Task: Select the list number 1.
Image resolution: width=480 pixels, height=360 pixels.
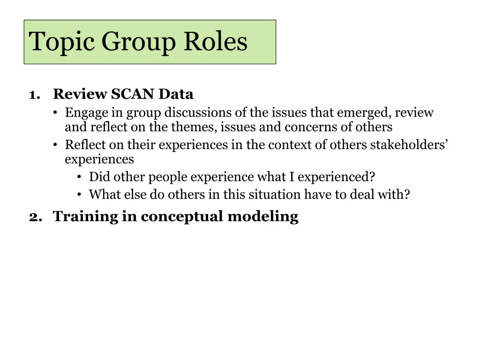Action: point(33,95)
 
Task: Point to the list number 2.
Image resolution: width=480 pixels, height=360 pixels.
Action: point(33,217)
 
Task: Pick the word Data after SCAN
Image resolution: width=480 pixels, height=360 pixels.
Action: point(176,94)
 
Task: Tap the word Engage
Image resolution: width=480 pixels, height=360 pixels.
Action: point(83,113)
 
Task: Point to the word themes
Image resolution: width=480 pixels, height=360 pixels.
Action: point(194,127)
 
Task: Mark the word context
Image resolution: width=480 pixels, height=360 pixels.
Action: point(290,145)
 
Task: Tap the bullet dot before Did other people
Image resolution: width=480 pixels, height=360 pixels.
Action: point(80,178)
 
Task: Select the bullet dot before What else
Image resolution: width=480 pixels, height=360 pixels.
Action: point(80,195)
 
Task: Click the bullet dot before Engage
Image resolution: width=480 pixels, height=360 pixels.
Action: point(55,113)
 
